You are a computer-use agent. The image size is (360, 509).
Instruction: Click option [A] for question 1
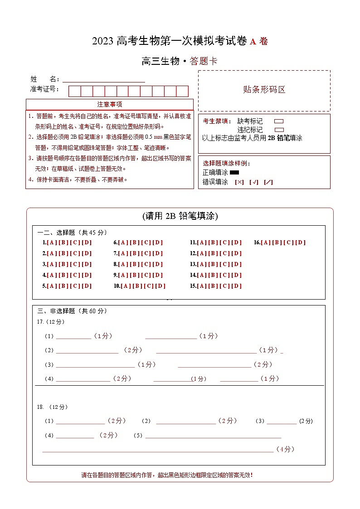point(51,242)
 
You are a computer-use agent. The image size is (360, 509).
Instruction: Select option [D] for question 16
point(301,242)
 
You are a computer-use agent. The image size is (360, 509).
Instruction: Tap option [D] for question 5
point(87,286)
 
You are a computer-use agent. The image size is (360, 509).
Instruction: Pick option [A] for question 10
point(125,286)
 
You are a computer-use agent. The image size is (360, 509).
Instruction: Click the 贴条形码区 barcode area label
point(264,90)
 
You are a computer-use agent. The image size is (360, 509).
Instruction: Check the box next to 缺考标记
point(279,121)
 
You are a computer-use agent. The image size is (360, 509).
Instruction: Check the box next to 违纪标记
point(279,130)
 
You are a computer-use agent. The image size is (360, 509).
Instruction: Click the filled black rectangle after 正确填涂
point(234,173)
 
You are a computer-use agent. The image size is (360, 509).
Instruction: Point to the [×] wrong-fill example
point(239,182)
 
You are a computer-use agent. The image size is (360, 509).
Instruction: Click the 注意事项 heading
point(109,104)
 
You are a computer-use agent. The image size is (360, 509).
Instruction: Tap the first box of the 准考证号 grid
point(74,91)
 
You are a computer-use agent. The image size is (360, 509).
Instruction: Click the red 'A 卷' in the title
point(258,42)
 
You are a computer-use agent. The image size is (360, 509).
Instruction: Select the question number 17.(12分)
point(51,322)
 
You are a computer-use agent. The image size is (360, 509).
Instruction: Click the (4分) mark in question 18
point(285,449)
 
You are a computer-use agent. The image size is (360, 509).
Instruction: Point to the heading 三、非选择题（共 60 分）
point(73,311)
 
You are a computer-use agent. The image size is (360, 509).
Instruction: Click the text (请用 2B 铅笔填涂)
point(180,216)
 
